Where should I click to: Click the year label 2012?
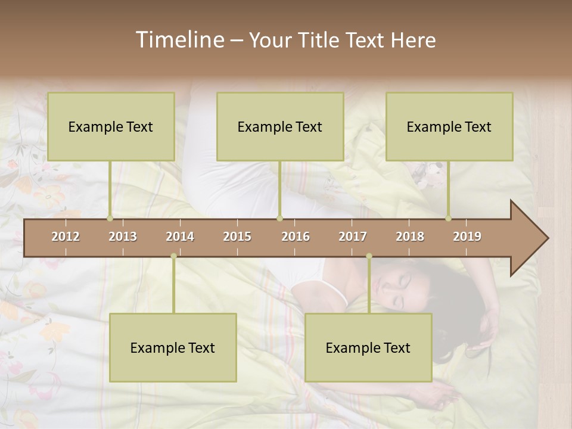pos(66,237)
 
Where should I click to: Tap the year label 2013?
pos(123,237)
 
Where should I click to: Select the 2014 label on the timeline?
pos(180,237)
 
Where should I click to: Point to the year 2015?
pos(237,237)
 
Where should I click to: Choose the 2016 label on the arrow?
pos(296,237)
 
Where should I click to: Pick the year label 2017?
pos(353,237)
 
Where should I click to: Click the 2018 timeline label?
pos(410,237)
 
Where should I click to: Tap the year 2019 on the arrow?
pos(467,237)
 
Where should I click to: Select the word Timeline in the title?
pos(179,40)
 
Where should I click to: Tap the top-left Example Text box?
pos(111,126)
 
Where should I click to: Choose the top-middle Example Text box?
pos(280,126)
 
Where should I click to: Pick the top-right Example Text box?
pos(449,126)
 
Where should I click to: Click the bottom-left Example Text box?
pos(173,347)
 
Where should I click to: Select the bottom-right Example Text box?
pos(368,347)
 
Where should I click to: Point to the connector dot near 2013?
pos(110,218)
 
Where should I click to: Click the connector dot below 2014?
pos(173,256)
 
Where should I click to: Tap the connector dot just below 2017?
pos(369,256)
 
